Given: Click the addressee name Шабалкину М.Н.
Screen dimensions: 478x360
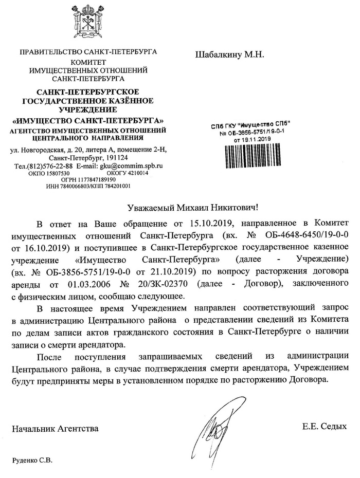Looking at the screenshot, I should point(229,54).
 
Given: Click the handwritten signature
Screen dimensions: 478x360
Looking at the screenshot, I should point(217,425).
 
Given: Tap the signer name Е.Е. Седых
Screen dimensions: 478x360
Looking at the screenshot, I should point(325,426).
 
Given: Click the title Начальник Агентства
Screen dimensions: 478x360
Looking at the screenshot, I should point(55,428).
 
